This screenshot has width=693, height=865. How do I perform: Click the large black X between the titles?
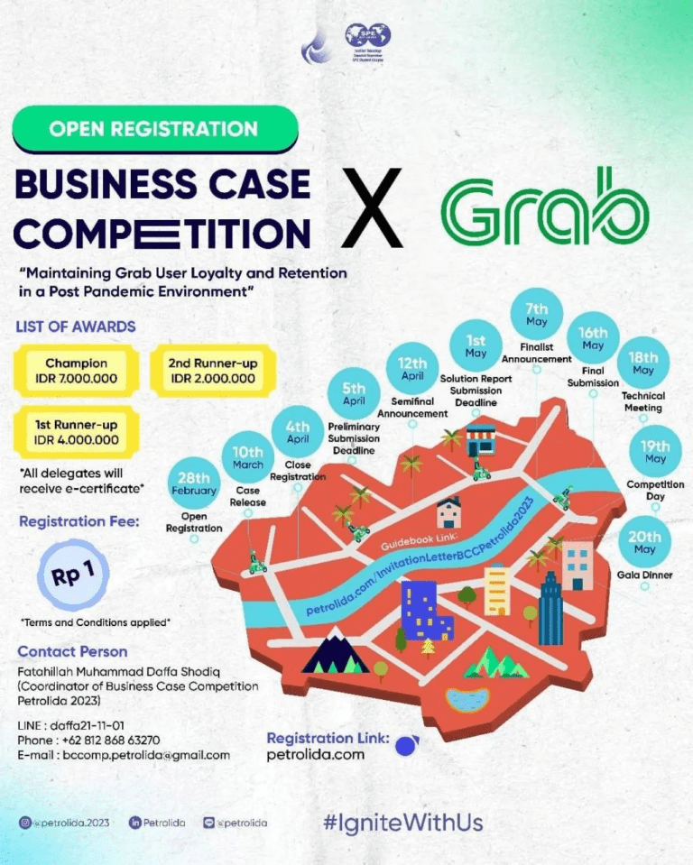373,209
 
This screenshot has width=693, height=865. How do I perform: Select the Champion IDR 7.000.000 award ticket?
76,371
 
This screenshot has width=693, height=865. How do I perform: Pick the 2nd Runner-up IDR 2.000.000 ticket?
212,371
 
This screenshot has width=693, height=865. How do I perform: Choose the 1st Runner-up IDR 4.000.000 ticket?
76,432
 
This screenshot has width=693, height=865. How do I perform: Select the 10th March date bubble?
247,456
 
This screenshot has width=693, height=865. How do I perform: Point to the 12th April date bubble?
411,369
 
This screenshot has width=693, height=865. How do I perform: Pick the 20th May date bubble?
643,542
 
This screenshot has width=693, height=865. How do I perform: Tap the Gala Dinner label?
644,575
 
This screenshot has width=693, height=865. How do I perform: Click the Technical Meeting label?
642,401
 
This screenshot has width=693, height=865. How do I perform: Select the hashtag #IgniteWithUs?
402,823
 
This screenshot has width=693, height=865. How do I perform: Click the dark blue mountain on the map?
335,651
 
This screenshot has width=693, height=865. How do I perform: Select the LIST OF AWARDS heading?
76,326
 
